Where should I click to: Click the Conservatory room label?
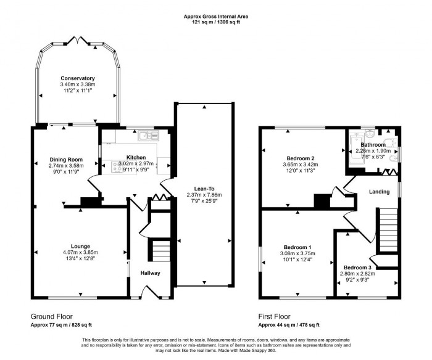tap(77, 78)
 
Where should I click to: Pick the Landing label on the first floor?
tap(379, 192)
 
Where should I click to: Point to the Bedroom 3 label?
tap(358, 267)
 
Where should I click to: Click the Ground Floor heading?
tap(52, 315)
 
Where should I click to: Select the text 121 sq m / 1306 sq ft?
tap(216, 22)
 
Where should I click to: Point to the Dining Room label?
tap(66, 160)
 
